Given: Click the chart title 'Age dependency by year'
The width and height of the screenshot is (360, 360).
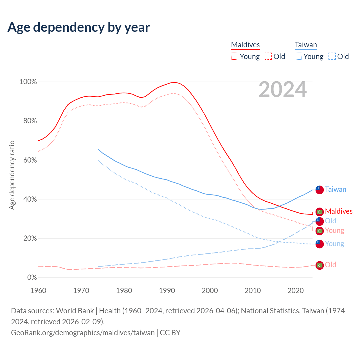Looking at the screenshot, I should (x=79, y=27).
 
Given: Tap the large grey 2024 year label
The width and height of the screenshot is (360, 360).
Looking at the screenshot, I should (x=282, y=90).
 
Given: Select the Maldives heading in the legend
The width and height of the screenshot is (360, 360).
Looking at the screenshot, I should (x=245, y=45).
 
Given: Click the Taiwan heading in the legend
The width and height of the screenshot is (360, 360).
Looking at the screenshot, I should (x=306, y=45).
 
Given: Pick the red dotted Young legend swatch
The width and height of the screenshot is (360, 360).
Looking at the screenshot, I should (x=234, y=57).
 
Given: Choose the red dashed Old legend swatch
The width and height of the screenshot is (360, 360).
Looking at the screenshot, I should (x=268, y=57).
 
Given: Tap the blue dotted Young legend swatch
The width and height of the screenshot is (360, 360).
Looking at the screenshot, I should (x=298, y=57).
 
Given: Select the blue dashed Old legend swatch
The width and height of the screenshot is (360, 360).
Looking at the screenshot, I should (x=332, y=57).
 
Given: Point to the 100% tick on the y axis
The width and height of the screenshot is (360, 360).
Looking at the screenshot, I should (x=28, y=82).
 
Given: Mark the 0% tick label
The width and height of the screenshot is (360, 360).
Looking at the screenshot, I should (x=32, y=278).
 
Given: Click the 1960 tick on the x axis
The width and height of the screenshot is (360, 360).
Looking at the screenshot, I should (x=38, y=291).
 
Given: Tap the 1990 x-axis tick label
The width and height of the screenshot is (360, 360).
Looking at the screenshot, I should (x=167, y=291).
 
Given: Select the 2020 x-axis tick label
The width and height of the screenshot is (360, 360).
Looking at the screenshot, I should (x=295, y=291).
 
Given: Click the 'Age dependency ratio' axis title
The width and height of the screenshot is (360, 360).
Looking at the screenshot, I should (x=12, y=175).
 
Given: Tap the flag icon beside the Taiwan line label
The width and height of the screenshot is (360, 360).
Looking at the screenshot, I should (x=319, y=190).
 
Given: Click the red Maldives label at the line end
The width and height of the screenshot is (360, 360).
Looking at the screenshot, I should (x=339, y=211).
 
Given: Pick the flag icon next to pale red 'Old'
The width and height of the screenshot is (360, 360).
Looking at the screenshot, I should (x=319, y=265).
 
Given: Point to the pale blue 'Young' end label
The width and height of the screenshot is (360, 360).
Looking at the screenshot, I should (x=334, y=244).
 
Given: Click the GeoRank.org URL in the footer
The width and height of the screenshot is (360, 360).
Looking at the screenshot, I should (x=83, y=333).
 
